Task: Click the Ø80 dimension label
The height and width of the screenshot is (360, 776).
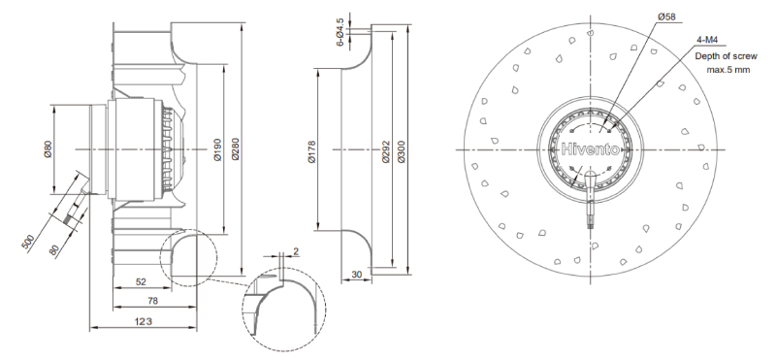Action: pos(48,149)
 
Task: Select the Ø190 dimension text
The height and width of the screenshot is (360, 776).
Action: pos(217,149)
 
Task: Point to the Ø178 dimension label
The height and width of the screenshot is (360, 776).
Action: pos(311,152)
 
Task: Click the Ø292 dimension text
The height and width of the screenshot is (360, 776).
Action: pos(386,152)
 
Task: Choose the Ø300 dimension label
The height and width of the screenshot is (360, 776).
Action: pos(401,152)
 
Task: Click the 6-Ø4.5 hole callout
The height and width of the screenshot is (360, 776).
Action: pos(340,32)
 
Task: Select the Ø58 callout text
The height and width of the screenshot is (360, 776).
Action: pos(666,16)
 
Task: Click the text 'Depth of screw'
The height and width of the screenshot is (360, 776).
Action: pos(726,56)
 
